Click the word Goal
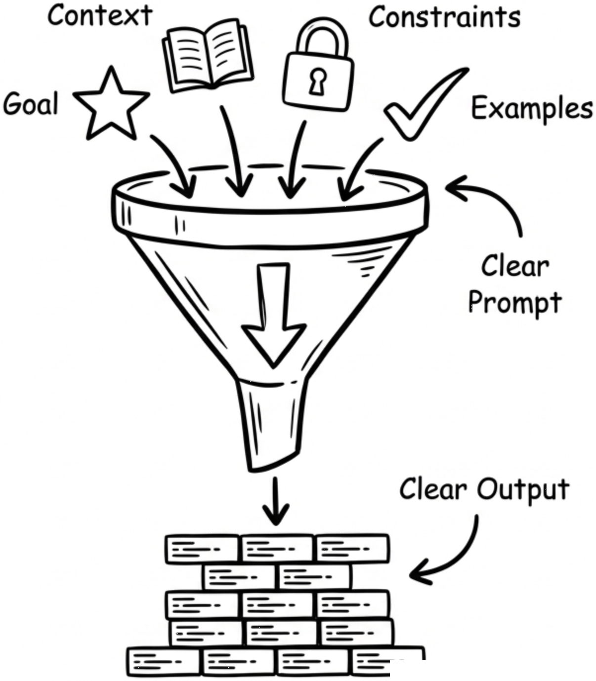[31, 104]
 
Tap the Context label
[99, 16]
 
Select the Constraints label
[444, 17]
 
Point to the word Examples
[532, 108]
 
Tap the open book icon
[208, 58]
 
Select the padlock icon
[318, 69]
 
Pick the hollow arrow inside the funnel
[273, 316]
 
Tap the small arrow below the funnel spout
[275, 501]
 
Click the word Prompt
[514, 303]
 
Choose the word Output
[523, 489]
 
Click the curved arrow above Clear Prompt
[489, 202]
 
